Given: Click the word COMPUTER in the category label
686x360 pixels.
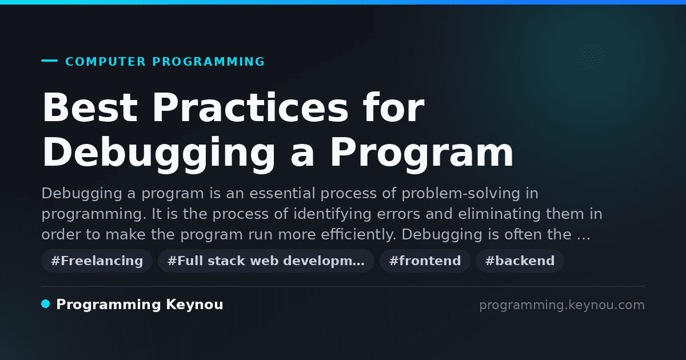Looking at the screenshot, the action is [x=105, y=62].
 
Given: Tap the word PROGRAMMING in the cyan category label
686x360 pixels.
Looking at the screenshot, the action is [x=208, y=62].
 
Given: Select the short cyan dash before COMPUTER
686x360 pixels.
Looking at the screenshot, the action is [x=49, y=61].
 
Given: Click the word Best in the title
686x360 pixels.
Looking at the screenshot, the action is [x=90, y=108].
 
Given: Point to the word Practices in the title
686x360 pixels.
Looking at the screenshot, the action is [x=250, y=108].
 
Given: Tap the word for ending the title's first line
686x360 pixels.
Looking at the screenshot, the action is [x=393, y=107].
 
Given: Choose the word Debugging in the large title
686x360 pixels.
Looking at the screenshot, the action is [x=159, y=153].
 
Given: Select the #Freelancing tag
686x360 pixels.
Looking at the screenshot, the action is [x=97, y=261].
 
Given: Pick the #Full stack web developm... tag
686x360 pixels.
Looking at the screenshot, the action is [x=266, y=261].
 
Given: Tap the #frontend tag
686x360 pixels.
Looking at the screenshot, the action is [x=425, y=261].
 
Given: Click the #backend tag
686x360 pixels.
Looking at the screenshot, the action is [x=520, y=261].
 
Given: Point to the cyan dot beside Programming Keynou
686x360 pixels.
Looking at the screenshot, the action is [x=46, y=304].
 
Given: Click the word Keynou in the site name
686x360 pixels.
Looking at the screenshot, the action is [x=194, y=305].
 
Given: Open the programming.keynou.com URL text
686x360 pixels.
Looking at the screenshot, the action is [x=562, y=305].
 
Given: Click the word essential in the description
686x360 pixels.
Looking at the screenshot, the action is [x=282, y=194].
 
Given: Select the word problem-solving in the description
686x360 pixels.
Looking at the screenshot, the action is [x=461, y=194].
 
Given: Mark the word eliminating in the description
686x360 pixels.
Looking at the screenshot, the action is [x=499, y=214].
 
